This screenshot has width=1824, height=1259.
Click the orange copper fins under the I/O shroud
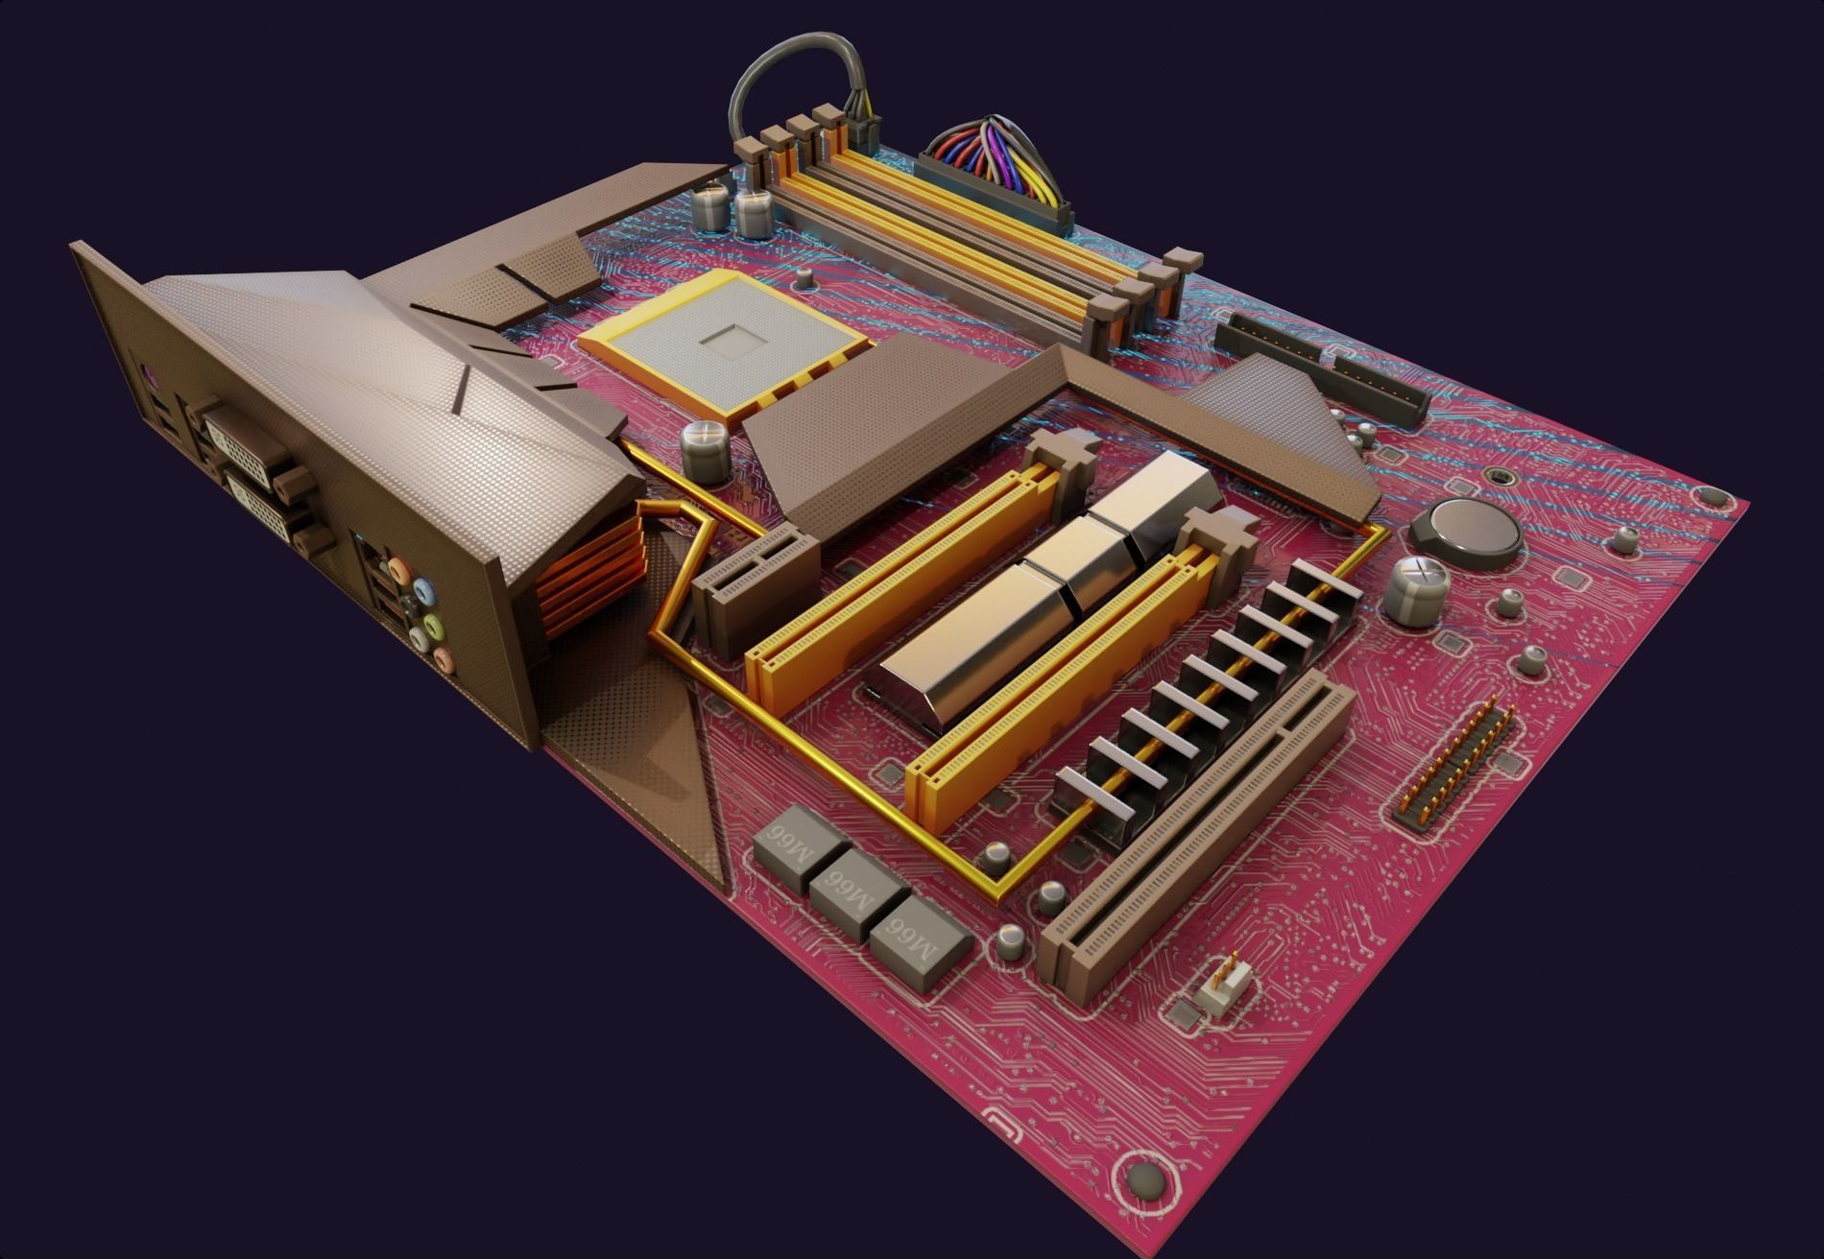586,576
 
